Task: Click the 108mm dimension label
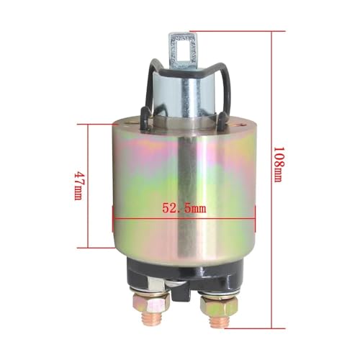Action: click(279, 164)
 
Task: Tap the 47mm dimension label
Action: click(78, 186)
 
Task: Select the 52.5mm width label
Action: click(184, 208)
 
